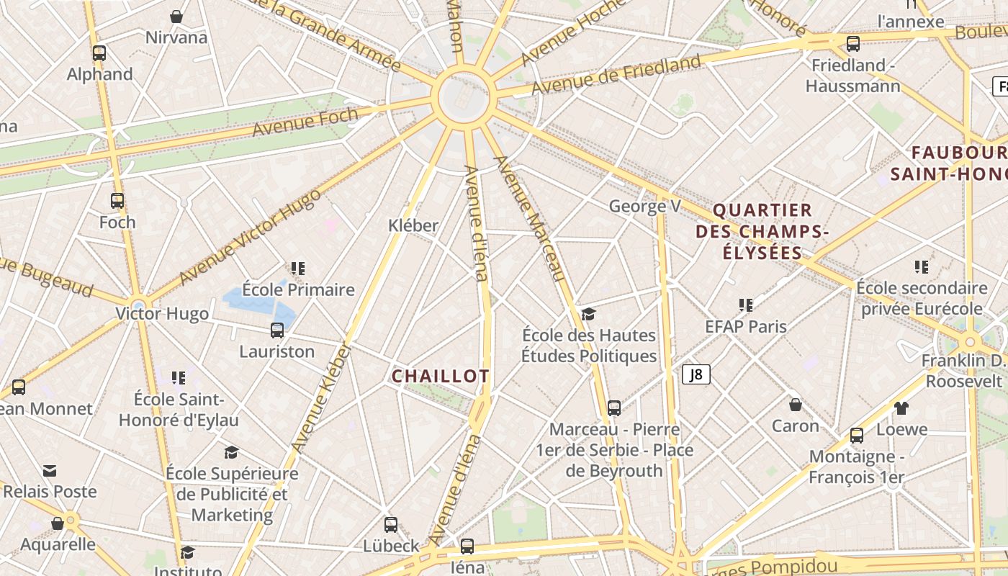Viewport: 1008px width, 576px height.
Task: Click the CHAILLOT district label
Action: coord(441,376)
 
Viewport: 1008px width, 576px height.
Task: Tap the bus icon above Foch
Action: coord(117,201)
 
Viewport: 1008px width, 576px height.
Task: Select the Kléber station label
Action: coord(413,225)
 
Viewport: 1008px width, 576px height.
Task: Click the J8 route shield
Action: coord(696,374)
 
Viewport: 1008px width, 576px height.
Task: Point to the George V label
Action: coord(644,207)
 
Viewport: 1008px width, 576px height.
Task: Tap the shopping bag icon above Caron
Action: coord(796,405)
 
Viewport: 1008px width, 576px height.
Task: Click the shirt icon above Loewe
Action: coord(901,408)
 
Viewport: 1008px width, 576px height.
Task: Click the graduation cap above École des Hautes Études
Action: coord(589,314)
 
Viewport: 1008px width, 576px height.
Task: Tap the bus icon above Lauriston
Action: coord(277,330)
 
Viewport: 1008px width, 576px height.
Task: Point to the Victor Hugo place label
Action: coord(163,314)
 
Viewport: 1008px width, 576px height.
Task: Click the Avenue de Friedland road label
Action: coord(616,74)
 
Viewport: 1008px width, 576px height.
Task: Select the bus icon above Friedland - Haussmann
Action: coord(853,44)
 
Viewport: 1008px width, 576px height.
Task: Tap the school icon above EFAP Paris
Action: coord(746,305)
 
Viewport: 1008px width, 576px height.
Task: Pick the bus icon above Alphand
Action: coord(99,53)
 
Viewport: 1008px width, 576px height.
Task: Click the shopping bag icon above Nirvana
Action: coord(176,16)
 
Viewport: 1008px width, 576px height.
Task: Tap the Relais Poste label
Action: coord(50,492)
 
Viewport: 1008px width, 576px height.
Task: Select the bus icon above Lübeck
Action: coord(391,525)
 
